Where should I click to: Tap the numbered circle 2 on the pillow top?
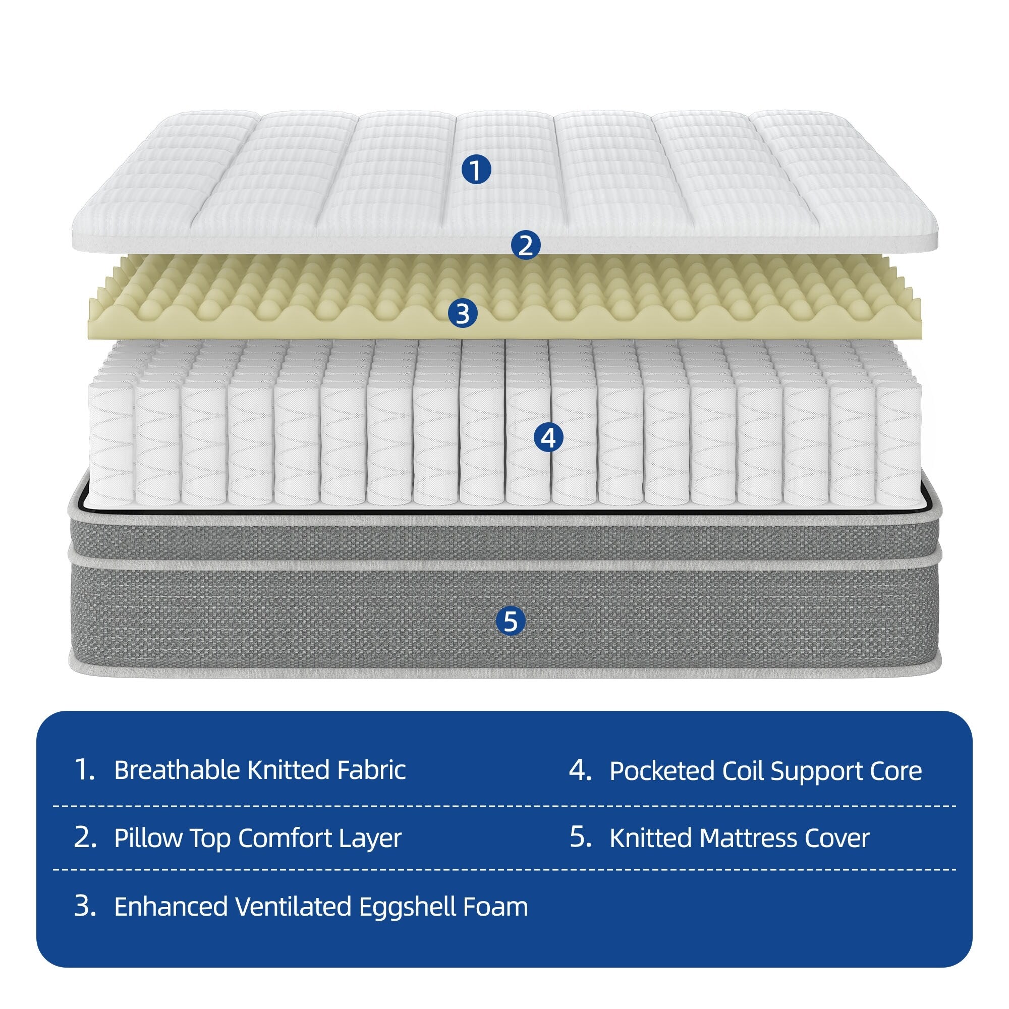click(x=525, y=245)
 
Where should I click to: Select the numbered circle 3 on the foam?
click(x=463, y=314)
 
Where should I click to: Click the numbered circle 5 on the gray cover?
click(x=511, y=621)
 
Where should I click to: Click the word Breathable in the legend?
click(x=177, y=770)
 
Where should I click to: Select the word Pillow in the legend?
click(x=147, y=838)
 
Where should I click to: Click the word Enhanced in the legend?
click(x=172, y=907)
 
